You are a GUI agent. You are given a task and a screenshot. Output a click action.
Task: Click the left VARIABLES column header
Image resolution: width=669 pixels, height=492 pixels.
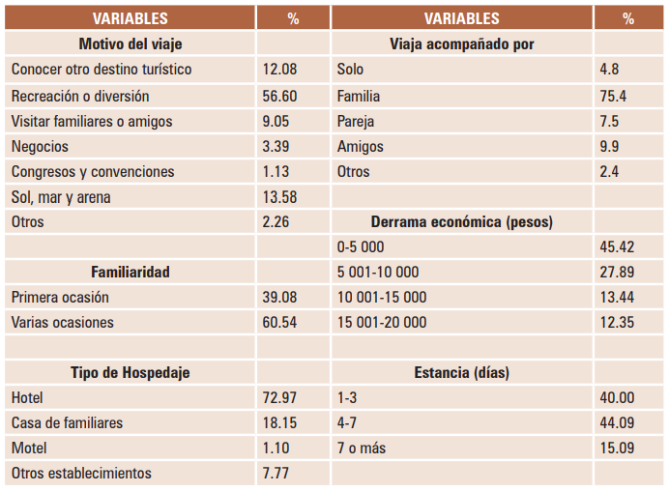(x=131, y=18)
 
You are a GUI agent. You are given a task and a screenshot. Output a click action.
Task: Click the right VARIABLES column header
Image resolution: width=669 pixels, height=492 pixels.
(x=461, y=18)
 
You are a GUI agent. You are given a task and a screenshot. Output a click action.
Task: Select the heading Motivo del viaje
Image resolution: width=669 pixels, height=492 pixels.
(x=131, y=43)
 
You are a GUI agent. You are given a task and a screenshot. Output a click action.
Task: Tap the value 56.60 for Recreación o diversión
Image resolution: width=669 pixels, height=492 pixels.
(x=280, y=96)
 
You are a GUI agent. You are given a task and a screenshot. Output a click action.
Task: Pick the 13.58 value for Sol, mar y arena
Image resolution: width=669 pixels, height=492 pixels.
(x=280, y=196)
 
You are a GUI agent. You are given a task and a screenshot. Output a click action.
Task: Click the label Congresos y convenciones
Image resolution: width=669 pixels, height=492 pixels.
(x=93, y=171)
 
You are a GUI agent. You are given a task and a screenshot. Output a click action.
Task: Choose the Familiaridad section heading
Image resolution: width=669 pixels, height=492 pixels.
(x=131, y=272)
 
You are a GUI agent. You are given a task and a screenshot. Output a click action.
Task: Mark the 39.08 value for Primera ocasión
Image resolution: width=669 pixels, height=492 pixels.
(x=280, y=297)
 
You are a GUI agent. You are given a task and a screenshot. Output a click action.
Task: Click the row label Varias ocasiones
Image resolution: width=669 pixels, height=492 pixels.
(x=62, y=322)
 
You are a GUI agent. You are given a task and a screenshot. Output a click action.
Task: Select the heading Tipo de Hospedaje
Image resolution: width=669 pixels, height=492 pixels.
(x=131, y=372)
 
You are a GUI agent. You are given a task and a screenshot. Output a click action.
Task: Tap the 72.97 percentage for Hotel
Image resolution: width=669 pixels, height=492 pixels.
(x=280, y=397)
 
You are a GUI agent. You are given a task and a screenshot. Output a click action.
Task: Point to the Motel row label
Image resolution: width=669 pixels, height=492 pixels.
(x=29, y=448)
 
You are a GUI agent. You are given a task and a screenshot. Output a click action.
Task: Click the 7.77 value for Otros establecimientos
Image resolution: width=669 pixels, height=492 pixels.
(x=276, y=473)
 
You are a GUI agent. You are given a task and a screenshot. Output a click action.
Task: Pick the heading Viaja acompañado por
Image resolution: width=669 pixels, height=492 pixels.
(x=461, y=43)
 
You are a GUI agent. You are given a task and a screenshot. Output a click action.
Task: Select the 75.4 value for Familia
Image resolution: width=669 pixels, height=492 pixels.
(x=613, y=96)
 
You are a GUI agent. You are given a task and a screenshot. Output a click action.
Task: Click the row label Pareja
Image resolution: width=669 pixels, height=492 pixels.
(x=356, y=121)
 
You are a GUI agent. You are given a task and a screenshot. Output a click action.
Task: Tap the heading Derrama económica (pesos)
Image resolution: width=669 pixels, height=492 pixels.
(x=461, y=221)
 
